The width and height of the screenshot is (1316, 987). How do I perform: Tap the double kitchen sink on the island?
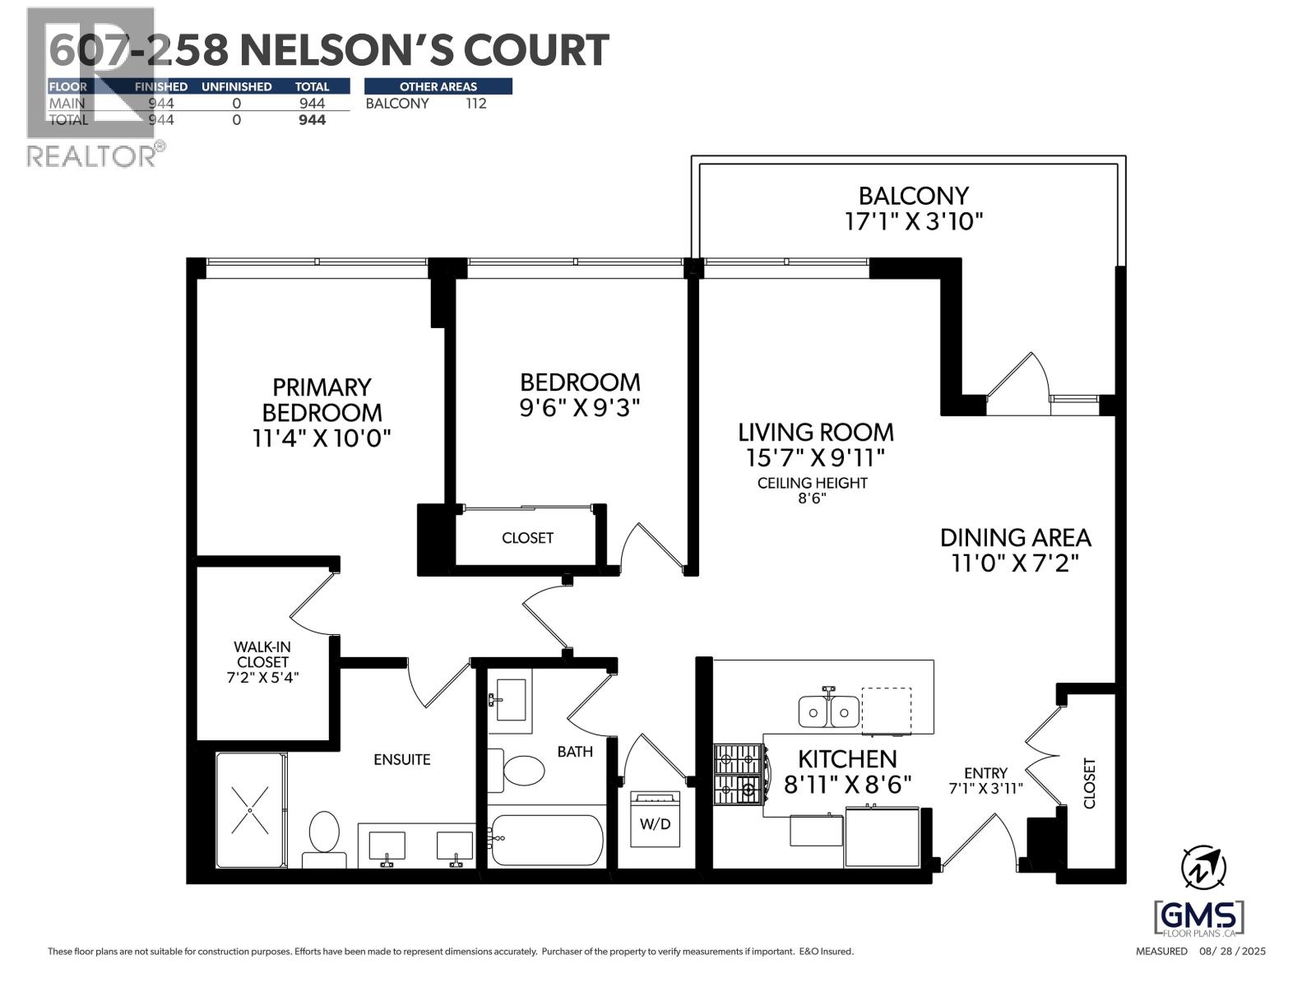click(829, 711)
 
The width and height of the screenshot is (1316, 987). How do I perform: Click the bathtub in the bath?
click(546, 839)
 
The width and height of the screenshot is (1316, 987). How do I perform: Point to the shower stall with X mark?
click(250, 809)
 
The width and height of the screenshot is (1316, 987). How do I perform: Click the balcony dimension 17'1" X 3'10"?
click(913, 221)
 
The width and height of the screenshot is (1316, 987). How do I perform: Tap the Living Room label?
click(815, 432)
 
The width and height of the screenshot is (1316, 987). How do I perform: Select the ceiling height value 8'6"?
click(812, 498)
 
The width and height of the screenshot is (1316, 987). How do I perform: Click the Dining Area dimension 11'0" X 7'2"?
click(1015, 563)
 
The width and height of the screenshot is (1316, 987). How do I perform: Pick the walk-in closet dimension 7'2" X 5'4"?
click(262, 678)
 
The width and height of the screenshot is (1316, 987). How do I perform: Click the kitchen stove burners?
click(739, 774)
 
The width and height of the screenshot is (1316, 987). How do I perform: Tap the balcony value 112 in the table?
click(475, 104)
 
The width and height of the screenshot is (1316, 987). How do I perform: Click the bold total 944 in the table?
click(312, 120)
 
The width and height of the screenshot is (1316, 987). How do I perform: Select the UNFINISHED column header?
click(236, 86)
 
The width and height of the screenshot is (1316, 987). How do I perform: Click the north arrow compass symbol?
click(1203, 868)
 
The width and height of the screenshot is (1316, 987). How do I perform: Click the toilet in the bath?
click(523, 771)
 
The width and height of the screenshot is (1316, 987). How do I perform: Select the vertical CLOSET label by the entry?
click(1090, 783)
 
